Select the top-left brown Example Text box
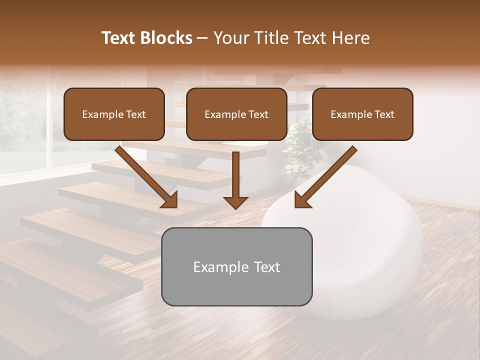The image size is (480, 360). click(114, 114)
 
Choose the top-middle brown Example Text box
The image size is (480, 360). click(236, 114)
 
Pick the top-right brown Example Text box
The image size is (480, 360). click(362, 114)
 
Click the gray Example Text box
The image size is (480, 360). click(236, 266)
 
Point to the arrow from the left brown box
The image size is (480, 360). click(145, 175)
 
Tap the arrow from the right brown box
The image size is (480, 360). click(327, 175)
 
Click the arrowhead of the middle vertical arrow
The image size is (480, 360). click(235, 202)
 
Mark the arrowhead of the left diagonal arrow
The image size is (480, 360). click(170, 200)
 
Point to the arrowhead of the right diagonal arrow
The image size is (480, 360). click(302, 200)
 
